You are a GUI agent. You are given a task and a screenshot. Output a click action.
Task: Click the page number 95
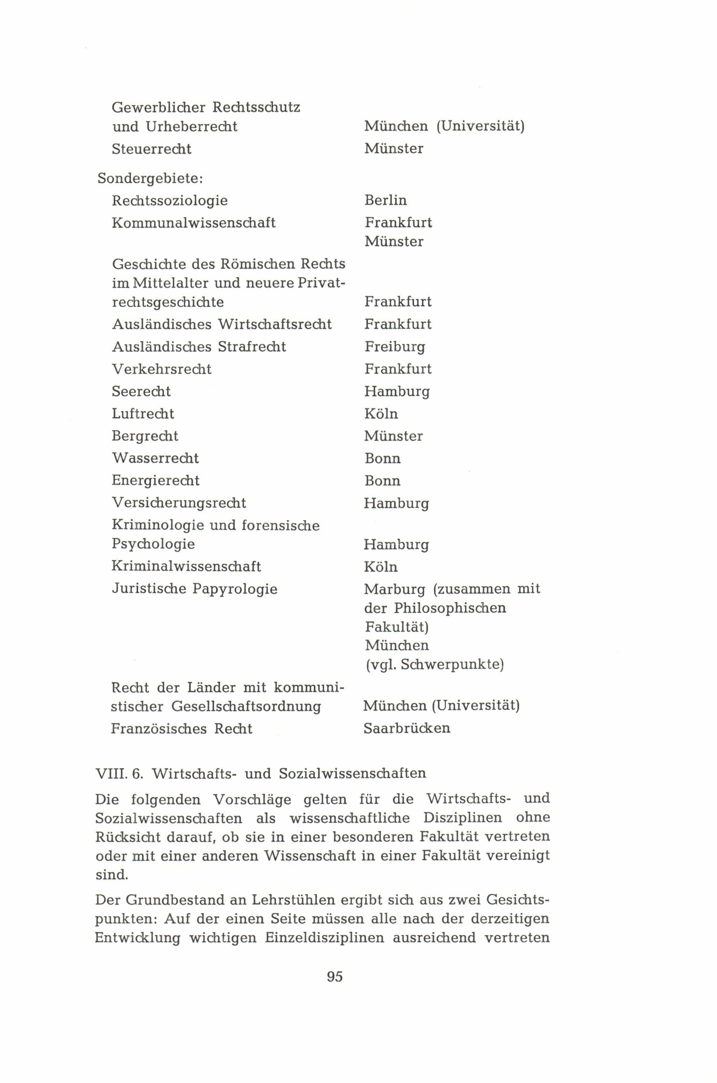[x=335, y=977]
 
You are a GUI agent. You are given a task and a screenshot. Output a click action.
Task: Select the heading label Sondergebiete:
[x=150, y=178]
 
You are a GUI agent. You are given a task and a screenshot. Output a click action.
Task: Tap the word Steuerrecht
[x=151, y=149]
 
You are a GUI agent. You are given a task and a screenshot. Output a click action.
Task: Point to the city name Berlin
[x=385, y=200]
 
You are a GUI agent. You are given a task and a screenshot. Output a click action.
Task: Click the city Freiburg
[x=395, y=347]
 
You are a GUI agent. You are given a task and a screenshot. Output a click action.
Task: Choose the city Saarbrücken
[x=407, y=728]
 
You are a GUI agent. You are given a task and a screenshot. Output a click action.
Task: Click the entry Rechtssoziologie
[x=169, y=201]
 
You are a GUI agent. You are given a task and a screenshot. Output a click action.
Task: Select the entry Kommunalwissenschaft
[x=193, y=223]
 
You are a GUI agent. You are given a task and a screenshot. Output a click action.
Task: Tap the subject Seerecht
[x=141, y=391]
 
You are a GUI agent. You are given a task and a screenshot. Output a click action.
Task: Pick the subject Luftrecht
[x=143, y=414]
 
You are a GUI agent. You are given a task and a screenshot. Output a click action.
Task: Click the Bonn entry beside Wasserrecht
[x=382, y=458]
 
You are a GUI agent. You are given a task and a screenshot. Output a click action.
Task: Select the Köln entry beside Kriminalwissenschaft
[x=380, y=567]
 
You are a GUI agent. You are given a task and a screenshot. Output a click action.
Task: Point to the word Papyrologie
[x=234, y=589]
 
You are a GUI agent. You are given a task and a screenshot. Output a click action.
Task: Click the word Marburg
[x=394, y=589]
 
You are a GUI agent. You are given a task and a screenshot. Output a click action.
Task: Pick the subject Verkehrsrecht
[x=161, y=369]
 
